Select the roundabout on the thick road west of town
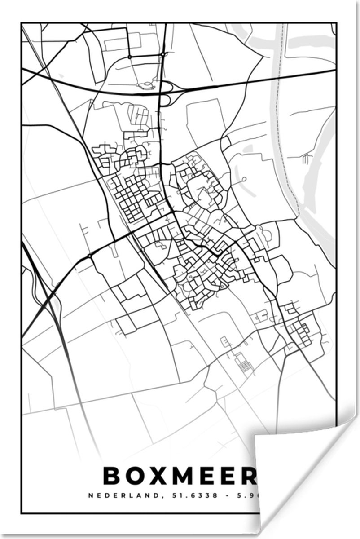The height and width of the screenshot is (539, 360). pyautogui.click(x=90, y=256)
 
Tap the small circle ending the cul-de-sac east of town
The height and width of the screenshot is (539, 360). pyautogui.click(x=244, y=179)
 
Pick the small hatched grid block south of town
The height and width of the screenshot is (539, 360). pyautogui.click(x=244, y=366)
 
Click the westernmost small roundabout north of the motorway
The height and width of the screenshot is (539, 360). pyautogui.click(x=129, y=57)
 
